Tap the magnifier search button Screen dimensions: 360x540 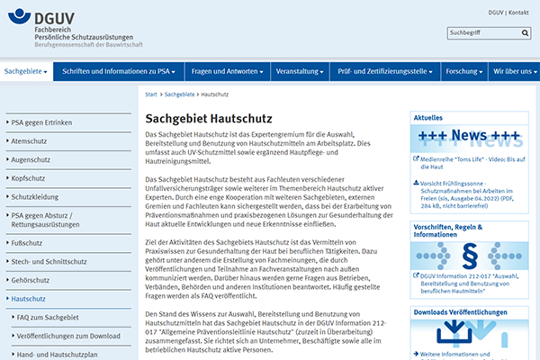pyautogui.click(x=522, y=33)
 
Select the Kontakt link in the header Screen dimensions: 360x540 pyautogui.click(x=518, y=13)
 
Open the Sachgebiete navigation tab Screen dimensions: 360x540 pyautogui.click(x=25, y=70)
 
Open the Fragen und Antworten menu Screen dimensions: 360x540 pyautogui.click(x=224, y=70)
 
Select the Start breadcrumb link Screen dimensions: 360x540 pyautogui.click(x=150, y=94)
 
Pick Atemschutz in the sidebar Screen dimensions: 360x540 pyautogui.click(x=30, y=140)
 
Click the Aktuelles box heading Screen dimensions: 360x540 pyautogui.click(x=427, y=117)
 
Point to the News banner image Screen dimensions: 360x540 pyautogui.click(x=468, y=138)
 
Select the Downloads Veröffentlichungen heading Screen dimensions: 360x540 pyautogui.click(x=468, y=311)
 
